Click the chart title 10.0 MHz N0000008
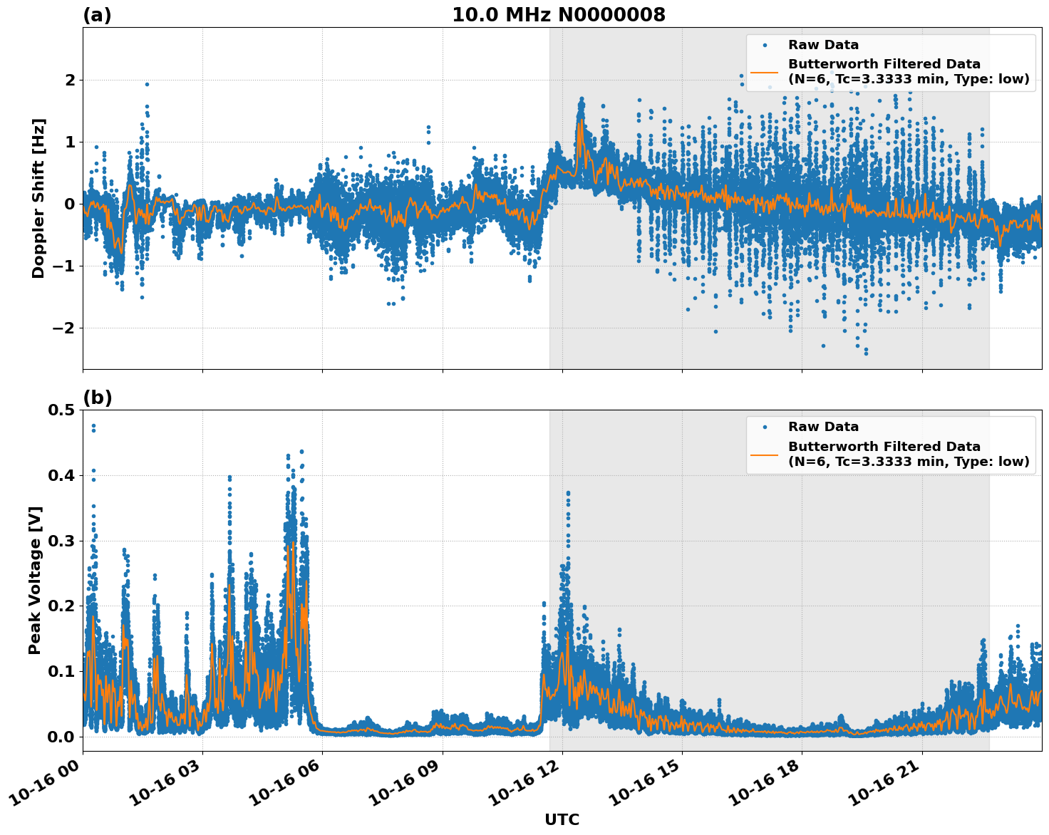click(559, 15)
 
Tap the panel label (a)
click(97, 15)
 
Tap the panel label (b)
click(97, 398)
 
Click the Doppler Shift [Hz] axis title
click(38, 198)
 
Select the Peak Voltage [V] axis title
click(35, 580)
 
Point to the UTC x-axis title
click(562, 819)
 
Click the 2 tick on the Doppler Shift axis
click(70, 80)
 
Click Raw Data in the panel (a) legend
click(823, 45)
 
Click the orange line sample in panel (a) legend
click(765, 71)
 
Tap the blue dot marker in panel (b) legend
click(765, 427)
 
